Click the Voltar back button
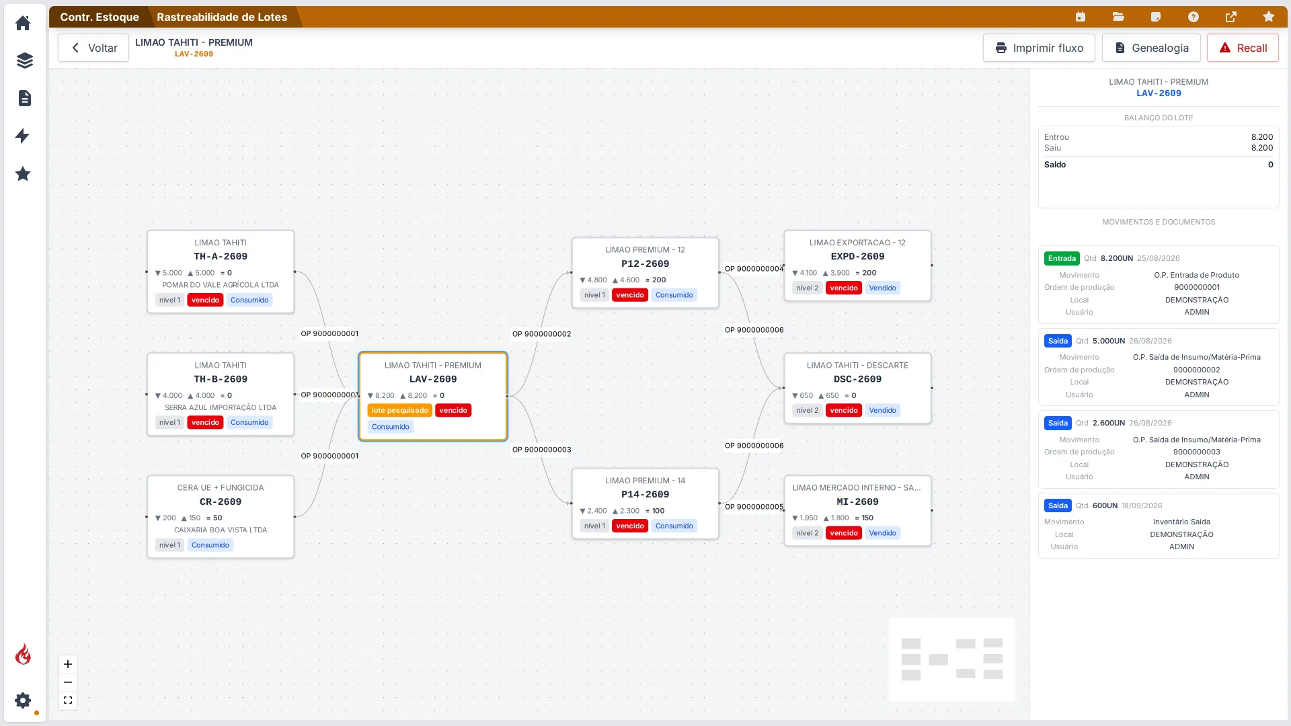[93, 48]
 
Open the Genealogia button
[1151, 48]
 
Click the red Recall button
[1243, 48]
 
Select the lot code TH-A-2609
[221, 256]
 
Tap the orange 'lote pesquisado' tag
[399, 410]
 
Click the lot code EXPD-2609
[857, 256]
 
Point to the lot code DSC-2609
[857, 379]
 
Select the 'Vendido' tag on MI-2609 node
[882, 533]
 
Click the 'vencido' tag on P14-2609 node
[630, 526]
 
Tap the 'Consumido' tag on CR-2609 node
[210, 545]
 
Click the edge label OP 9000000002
[541, 334]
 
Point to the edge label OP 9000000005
[754, 507]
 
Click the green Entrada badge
[1062, 258]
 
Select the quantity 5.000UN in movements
[1109, 341]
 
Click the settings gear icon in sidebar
[23, 700]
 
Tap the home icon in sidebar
[23, 23]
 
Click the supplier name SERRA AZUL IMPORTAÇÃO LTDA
[221, 407]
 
